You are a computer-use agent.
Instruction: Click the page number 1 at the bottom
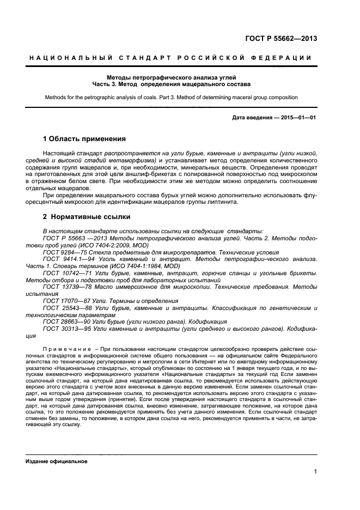click(x=316, y=472)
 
